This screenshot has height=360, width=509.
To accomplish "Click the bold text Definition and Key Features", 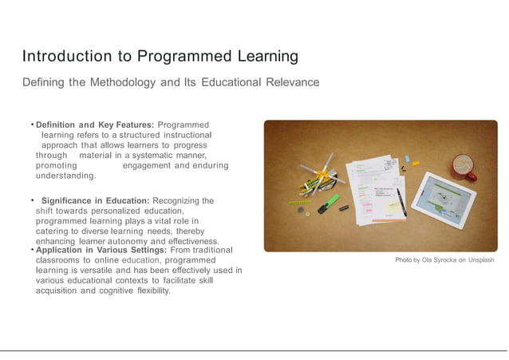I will pos(95,125).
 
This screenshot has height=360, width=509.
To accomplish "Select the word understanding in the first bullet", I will pos(66,176).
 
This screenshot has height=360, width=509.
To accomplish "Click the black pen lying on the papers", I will pos(398,200).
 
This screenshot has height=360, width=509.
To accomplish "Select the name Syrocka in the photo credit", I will pos(443,260).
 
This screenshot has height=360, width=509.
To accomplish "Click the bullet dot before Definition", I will pos(32,125).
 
